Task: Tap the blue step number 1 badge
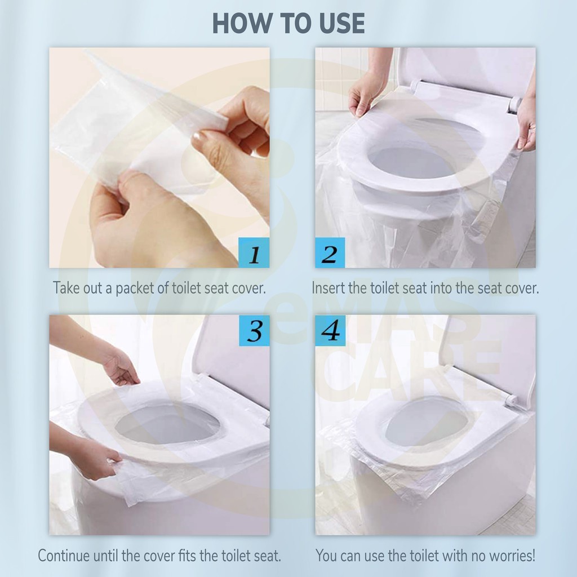pos(254,253)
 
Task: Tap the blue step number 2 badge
pos(330,253)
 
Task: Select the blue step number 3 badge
pos(254,330)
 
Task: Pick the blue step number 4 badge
pos(330,330)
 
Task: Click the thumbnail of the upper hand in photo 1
pos(200,139)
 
